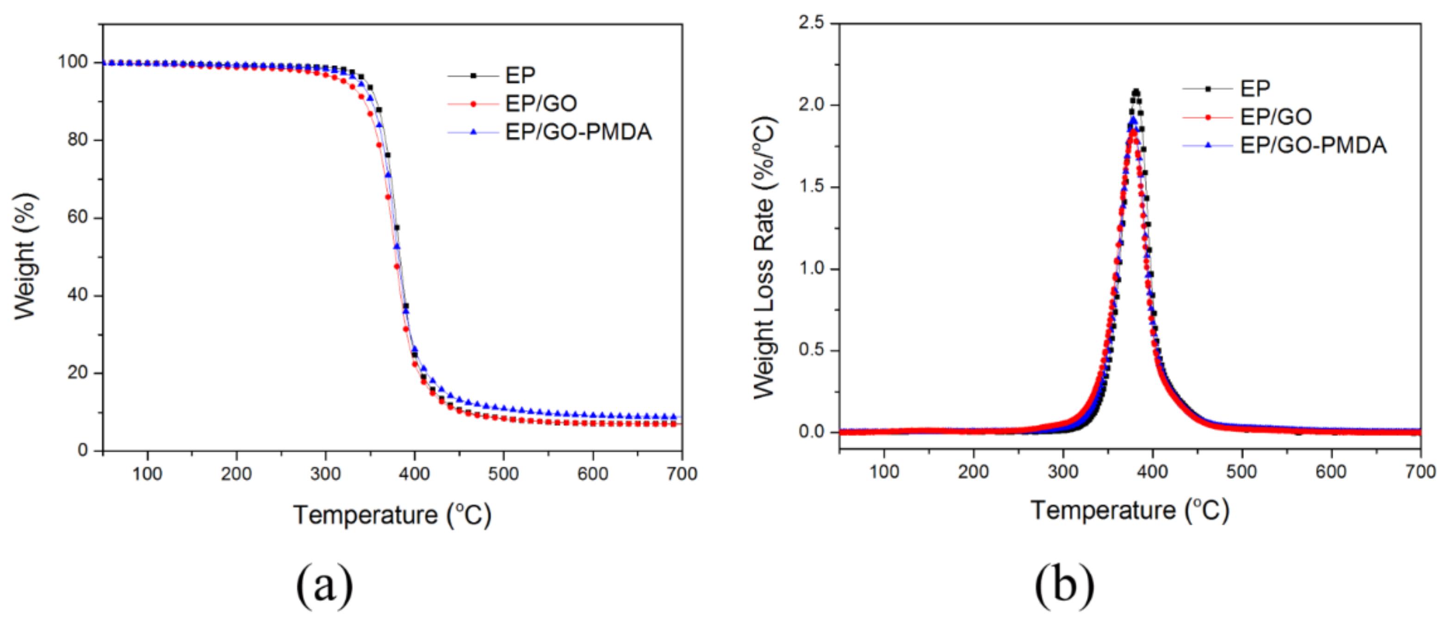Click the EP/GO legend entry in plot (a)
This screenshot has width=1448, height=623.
coord(541,103)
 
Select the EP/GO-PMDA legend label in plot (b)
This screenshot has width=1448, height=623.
coord(1313,146)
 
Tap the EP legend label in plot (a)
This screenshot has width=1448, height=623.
coord(520,75)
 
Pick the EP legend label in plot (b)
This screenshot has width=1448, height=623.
coord(1255,88)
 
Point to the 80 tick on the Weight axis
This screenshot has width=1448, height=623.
coord(78,139)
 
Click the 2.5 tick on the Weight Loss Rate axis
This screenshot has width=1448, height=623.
coord(811,23)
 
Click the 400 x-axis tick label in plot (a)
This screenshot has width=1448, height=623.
coord(414,474)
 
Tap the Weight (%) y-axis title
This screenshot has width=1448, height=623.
coord(25,257)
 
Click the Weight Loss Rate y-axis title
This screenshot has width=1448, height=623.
coord(764,259)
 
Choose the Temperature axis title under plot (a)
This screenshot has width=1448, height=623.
coord(392,515)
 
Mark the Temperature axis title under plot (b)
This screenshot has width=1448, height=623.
coord(1129,510)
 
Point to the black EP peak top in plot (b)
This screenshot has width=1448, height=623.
coord(1136,92)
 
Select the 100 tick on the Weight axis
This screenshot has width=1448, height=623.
coord(73,62)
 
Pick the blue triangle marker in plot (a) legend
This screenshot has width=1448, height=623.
coord(473,132)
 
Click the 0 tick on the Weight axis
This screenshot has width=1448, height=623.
coord(83,450)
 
